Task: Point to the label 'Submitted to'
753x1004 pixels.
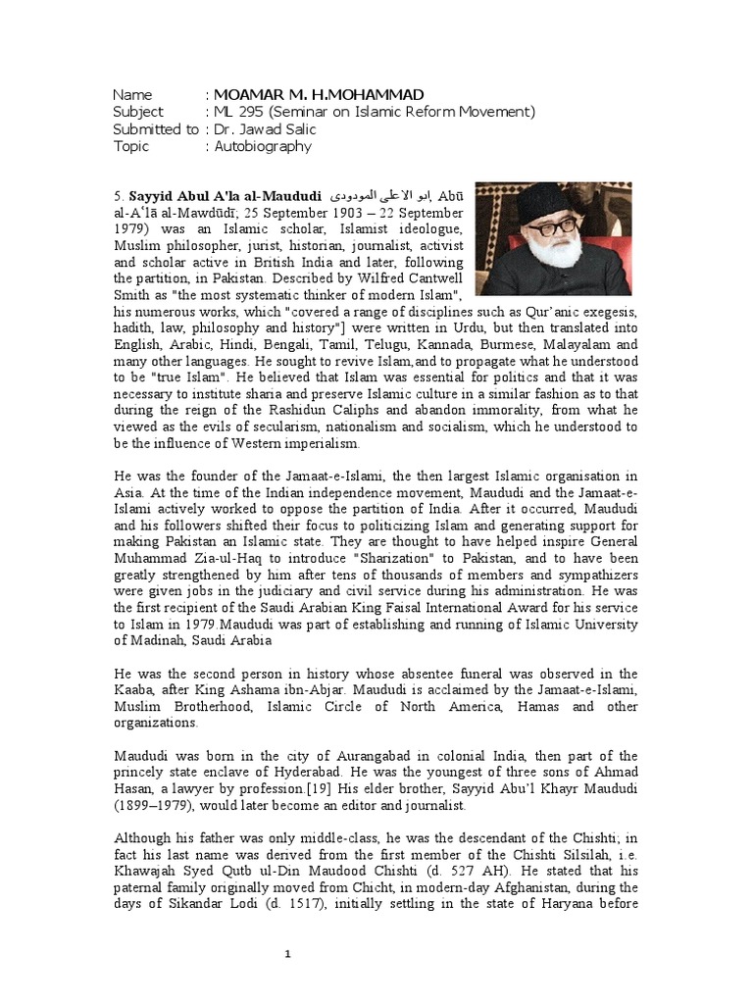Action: coord(155,129)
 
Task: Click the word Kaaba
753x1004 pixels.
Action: coord(139,690)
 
